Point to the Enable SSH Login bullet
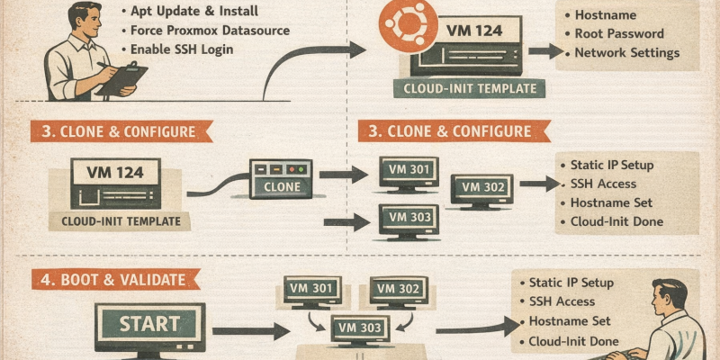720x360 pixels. [182, 49]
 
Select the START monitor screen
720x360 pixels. [150, 324]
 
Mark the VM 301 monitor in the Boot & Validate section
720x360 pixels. [313, 290]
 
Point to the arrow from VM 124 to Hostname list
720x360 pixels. [545, 51]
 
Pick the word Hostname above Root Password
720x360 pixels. [605, 15]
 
